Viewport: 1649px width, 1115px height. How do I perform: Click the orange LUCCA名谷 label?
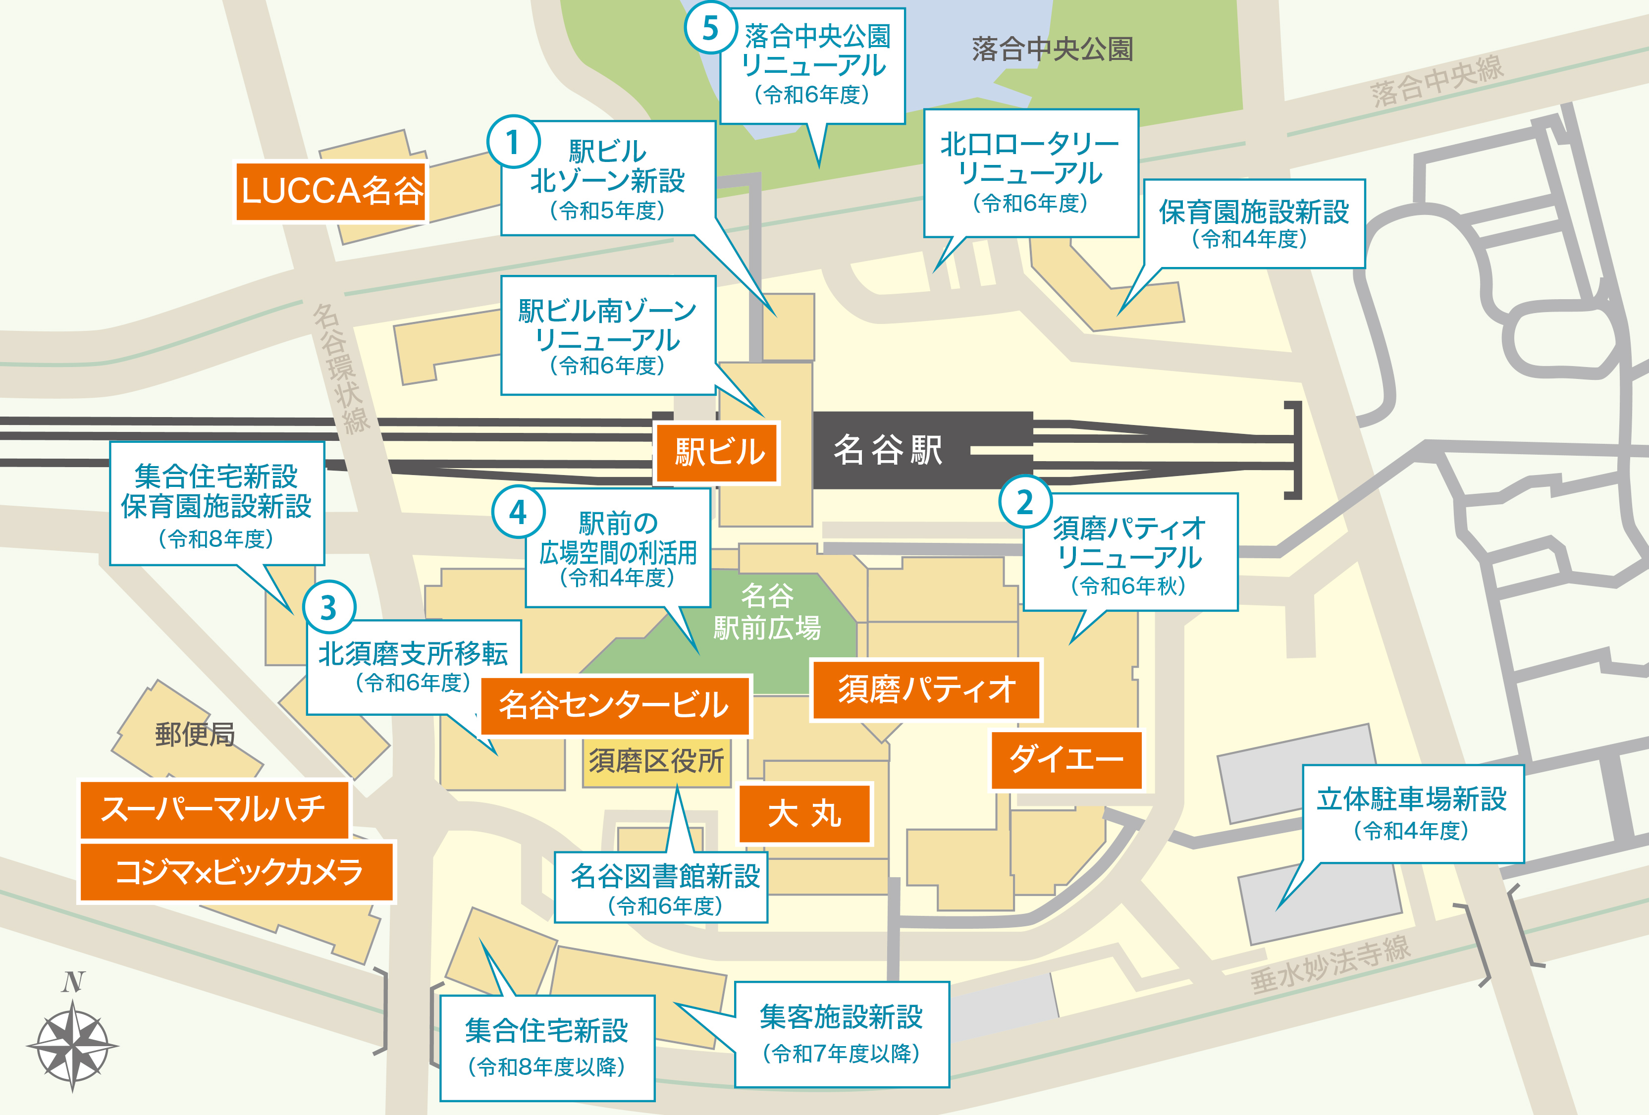pyautogui.click(x=331, y=192)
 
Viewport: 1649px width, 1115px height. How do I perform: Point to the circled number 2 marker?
pyautogui.click(x=1024, y=502)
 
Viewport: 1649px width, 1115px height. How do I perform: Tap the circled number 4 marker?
pyautogui.click(x=518, y=512)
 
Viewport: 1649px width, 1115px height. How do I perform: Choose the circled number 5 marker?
pyautogui.click(x=709, y=28)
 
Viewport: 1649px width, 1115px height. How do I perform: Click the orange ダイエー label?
pyautogui.click(x=1066, y=759)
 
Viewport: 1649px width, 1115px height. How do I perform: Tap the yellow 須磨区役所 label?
pyautogui.click(x=656, y=761)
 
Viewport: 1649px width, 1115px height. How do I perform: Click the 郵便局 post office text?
pyautogui.click(x=194, y=735)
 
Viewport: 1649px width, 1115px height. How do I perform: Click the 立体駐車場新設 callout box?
pyautogui.click(x=1412, y=813)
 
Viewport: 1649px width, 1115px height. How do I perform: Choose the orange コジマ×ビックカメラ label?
pyautogui.click(x=237, y=872)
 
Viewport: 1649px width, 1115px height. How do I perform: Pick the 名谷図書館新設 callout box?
pyautogui.click(x=662, y=888)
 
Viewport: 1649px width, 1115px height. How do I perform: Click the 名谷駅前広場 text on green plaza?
pyautogui.click(x=767, y=612)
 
